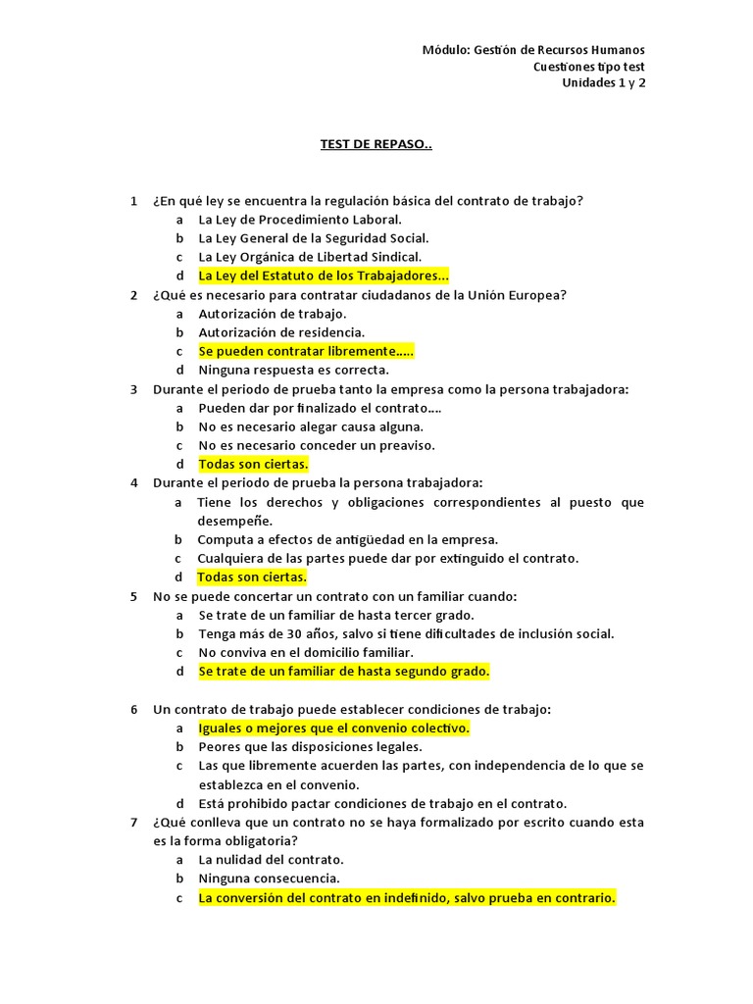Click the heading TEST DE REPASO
[x=376, y=144]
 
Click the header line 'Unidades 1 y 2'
[x=603, y=82]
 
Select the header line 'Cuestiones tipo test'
[x=588, y=67]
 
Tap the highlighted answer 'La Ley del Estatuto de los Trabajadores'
[x=324, y=276]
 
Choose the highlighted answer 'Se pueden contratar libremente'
[x=306, y=351]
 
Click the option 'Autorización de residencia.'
[x=281, y=332]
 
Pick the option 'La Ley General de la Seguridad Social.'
[x=314, y=238]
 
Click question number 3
[x=133, y=389]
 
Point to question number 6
[x=133, y=709]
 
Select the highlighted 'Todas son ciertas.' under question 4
[x=252, y=577]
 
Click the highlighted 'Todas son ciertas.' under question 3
[x=253, y=465]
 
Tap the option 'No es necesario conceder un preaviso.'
[x=317, y=445]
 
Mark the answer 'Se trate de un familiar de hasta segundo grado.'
[x=343, y=672]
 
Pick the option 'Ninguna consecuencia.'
[x=270, y=878]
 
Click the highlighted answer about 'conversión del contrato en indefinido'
[x=407, y=897]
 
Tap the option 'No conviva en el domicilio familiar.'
[x=306, y=653]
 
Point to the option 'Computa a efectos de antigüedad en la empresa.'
[x=348, y=539]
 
